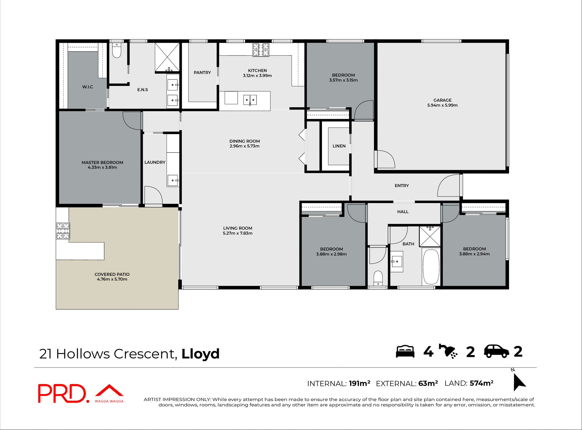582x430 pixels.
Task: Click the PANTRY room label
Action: tap(202, 72)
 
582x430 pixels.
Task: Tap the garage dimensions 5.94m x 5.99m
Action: tap(442, 105)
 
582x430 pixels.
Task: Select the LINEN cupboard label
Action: tap(339, 146)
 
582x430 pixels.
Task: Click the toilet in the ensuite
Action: tap(116, 51)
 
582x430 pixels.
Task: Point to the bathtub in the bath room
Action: tap(431, 267)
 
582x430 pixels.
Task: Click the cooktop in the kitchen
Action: tap(261, 50)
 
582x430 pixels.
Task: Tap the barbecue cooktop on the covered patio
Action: tap(63, 231)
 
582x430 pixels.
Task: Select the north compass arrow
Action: tap(519, 382)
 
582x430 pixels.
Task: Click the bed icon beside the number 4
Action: tap(405, 352)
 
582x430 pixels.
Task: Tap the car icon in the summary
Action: tap(496, 352)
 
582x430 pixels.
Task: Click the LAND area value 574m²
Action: tap(481, 383)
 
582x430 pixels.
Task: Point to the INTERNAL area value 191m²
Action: tap(360, 383)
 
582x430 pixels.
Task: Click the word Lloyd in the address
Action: tap(200, 354)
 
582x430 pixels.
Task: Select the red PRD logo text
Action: tap(62, 393)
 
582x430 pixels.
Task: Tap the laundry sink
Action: tap(172, 180)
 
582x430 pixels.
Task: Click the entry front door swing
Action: tap(449, 186)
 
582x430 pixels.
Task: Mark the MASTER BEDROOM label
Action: tap(102, 163)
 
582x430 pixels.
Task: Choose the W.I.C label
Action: tap(87, 87)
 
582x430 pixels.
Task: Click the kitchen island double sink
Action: tap(250, 100)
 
